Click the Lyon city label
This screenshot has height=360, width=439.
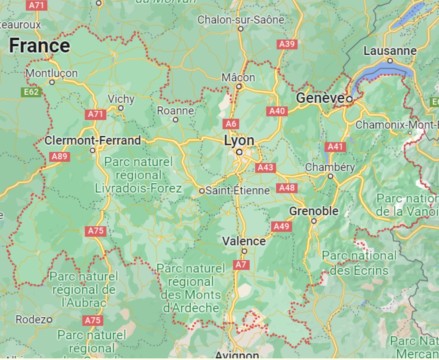coord(239,141)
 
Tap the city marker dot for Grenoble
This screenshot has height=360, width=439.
coord(314,221)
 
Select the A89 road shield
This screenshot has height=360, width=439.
coord(59,156)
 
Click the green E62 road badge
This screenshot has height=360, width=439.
coord(31,92)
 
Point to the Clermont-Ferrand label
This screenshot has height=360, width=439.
coord(93,141)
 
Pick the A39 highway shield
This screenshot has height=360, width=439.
coord(287,44)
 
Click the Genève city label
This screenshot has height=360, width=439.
coord(320,98)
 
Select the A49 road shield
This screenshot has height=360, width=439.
coord(281,226)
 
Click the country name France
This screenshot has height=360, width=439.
coord(39,46)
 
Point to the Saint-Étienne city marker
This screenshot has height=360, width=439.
coord(202,191)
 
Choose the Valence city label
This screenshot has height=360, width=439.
coord(244,241)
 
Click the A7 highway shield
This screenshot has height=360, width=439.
coord(241,265)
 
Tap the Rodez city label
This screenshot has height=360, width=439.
coord(30,319)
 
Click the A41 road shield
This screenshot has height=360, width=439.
coord(335,146)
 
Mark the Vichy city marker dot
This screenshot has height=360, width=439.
coord(121,108)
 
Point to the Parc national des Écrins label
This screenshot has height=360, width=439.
coord(359,263)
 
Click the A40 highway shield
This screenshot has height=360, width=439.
coord(277,111)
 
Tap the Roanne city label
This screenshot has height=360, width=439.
coord(175,111)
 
